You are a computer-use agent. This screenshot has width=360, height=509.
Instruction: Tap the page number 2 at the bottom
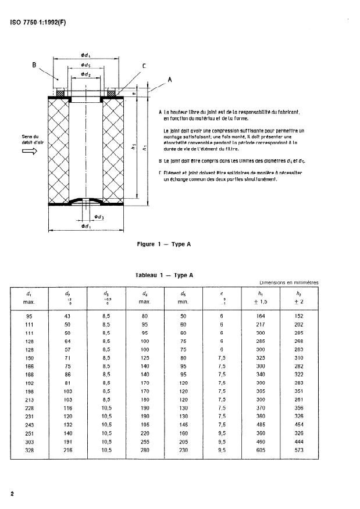[12, 494]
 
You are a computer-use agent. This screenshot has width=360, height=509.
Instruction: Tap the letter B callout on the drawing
[34, 66]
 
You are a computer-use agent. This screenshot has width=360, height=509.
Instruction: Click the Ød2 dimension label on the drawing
[86, 75]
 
